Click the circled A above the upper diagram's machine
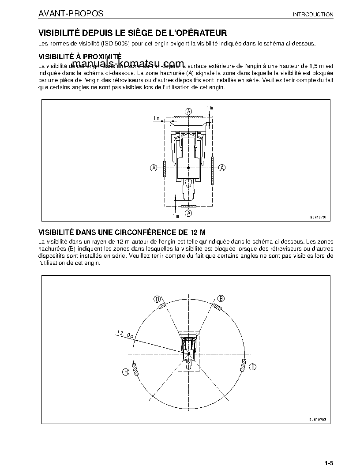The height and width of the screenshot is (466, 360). (x=188, y=111)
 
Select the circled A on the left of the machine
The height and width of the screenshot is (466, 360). (x=154, y=167)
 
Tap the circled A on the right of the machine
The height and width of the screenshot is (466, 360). (x=222, y=167)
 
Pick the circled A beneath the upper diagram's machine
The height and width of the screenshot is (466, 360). (x=188, y=213)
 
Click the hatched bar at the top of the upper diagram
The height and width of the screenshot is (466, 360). (x=188, y=117)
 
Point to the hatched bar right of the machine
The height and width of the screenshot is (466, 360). (x=213, y=170)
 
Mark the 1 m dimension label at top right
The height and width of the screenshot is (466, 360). (x=210, y=108)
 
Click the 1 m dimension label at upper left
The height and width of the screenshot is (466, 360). (x=157, y=118)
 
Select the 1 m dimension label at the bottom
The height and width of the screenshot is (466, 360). (x=176, y=216)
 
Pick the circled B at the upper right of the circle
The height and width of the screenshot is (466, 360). (x=221, y=298)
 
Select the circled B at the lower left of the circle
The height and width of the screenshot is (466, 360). (x=126, y=372)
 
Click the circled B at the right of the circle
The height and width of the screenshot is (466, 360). (x=252, y=366)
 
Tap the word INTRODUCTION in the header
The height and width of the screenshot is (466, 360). (x=313, y=15)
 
